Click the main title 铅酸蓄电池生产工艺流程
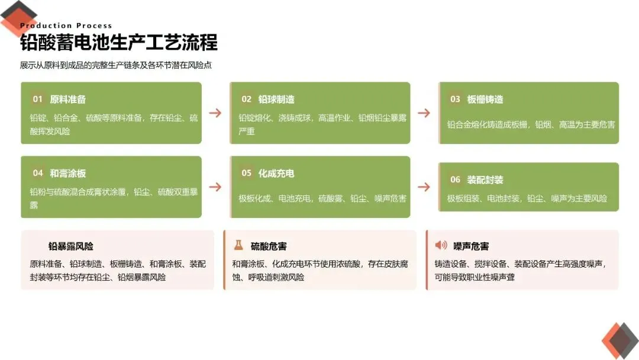click(118, 43)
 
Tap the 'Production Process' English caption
click(66, 25)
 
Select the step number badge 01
click(38, 99)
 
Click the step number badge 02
click(246, 99)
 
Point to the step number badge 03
click(455, 99)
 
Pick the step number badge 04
click(38, 173)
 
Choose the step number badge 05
click(246, 173)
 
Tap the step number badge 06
click(455, 180)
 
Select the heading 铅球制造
click(276, 99)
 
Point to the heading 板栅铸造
click(485, 99)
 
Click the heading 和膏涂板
click(68, 173)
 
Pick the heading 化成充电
click(276, 173)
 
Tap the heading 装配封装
click(485, 180)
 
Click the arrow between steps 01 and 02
click(215, 113)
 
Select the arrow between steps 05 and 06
click(424, 187)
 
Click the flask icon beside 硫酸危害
click(238, 245)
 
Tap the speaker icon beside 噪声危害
click(441, 245)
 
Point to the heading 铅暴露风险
click(71, 246)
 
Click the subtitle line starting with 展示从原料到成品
click(116, 66)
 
